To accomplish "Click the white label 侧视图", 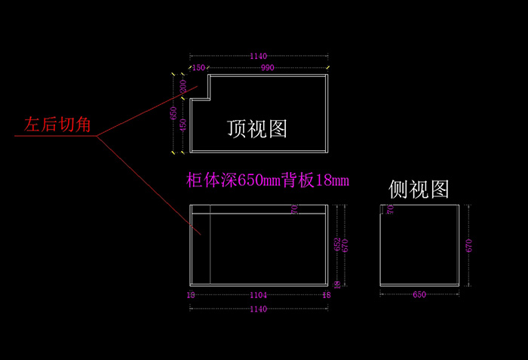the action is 419,189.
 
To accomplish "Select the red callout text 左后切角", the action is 57,124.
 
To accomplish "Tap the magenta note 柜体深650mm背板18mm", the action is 268,180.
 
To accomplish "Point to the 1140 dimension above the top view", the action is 259,56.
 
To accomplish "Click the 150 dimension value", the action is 198,68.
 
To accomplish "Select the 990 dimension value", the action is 268,68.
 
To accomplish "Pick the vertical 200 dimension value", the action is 183,87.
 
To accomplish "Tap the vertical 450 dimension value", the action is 183,125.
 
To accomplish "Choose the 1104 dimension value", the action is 259,295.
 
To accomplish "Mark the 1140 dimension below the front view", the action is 259,309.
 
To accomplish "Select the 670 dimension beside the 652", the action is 345,245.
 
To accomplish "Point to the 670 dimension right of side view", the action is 469,245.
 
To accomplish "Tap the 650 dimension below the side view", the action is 419,295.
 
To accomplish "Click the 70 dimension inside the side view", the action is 390,209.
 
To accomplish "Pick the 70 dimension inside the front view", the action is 294,209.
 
